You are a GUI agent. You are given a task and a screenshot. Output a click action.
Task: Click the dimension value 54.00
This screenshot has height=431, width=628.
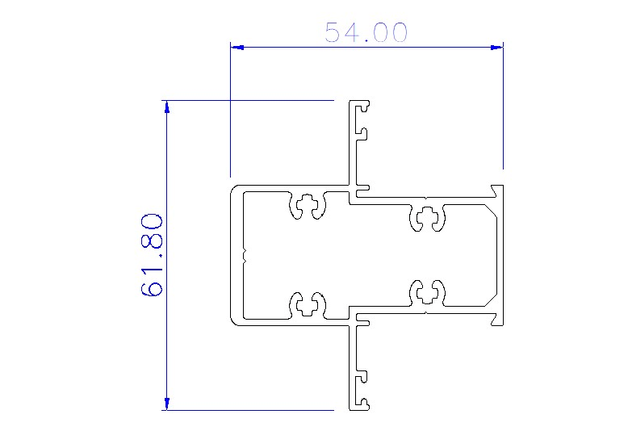(x=366, y=33)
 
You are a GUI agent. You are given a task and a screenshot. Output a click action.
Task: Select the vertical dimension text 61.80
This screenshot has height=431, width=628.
(x=153, y=255)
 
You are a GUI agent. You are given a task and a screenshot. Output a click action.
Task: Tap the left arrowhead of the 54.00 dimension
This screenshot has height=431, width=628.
(x=237, y=48)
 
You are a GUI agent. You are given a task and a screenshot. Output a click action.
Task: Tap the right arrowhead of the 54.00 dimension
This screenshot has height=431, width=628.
(x=497, y=48)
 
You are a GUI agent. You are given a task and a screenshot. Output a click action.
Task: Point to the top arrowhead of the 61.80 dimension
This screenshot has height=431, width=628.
(x=166, y=107)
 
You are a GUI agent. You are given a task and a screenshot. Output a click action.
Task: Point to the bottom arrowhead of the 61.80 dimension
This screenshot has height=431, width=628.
(x=166, y=404)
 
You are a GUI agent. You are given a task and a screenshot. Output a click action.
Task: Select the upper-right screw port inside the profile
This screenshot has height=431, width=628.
(x=428, y=216)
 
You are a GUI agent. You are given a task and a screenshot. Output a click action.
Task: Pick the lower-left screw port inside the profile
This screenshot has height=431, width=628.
(x=307, y=305)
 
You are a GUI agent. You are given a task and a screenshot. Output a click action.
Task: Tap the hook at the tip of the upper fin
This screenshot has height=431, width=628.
(x=366, y=106)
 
